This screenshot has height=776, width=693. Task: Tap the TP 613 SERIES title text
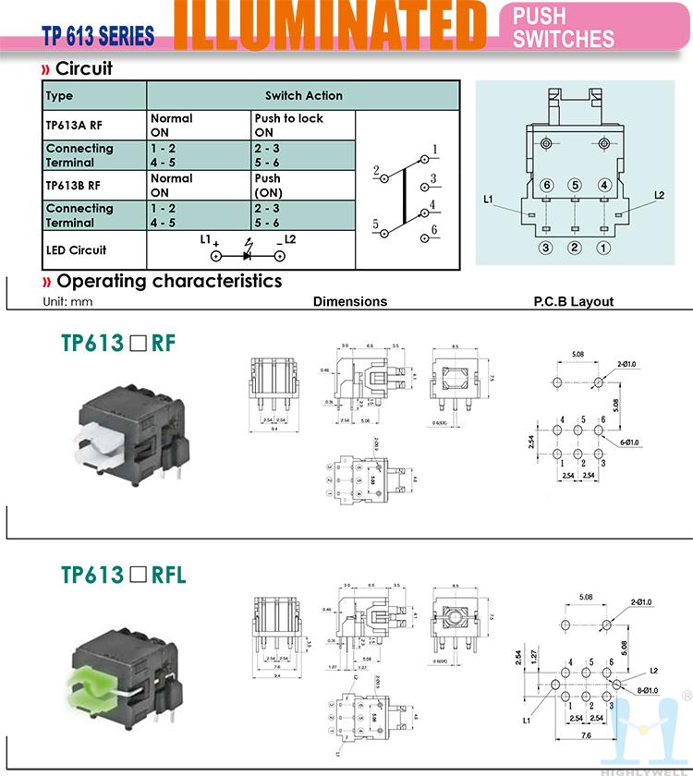[x=98, y=37]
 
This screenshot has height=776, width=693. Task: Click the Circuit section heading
[x=84, y=69]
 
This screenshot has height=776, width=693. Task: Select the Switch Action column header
[x=303, y=95]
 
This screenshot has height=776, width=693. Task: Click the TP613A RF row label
[x=74, y=125]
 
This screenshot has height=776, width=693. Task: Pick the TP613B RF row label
[x=74, y=185]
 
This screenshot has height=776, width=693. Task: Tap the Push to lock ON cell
[x=289, y=125]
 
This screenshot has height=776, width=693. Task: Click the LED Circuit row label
[x=76, y=249]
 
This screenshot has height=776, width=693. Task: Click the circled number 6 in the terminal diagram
[x=547, y=186]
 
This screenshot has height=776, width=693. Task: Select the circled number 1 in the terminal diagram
[x=603, y=248]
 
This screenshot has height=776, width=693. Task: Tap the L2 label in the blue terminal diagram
[x=659, y=195]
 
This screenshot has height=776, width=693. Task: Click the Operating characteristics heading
[x=169, y=281]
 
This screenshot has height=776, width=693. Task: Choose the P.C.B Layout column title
[x=573, y=301]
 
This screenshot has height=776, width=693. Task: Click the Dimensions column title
[x=350, y=301]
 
